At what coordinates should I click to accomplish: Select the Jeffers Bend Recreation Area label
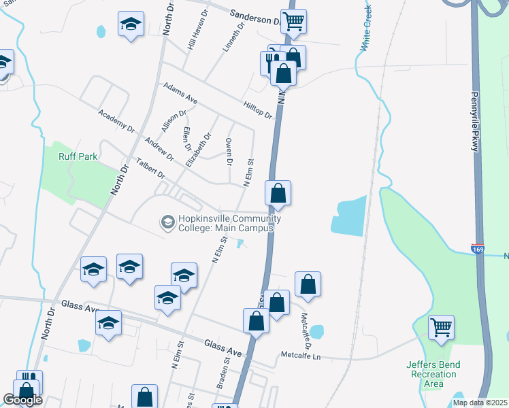433,374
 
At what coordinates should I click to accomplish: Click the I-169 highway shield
478,250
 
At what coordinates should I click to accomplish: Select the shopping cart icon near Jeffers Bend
441,327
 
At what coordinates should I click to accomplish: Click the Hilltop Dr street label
258,109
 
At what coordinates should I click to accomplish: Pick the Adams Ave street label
180,93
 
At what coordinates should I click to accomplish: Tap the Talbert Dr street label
150,168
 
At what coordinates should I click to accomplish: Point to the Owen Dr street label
229,150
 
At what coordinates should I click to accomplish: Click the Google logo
22,400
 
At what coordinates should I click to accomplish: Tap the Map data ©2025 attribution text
480,403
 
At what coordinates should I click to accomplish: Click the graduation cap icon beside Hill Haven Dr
131,24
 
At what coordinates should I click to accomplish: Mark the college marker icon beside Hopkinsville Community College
167,222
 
